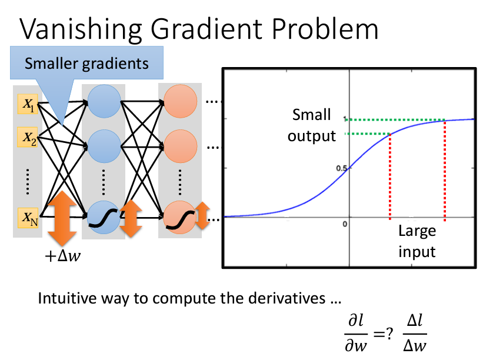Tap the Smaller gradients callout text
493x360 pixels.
coord(86,63)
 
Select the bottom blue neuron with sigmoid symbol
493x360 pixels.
coord(103,218)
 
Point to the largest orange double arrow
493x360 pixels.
coord(61,218)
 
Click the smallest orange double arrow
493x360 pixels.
coord(202,216)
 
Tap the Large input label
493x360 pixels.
coord(417,241)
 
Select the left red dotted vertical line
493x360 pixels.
coord(390,176)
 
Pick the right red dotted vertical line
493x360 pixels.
coord(444,171)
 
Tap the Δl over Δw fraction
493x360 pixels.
coord(415,333)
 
